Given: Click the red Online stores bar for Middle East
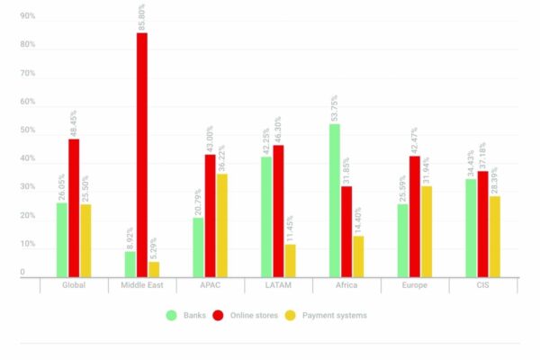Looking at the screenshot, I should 142,155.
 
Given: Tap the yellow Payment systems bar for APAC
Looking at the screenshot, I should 220,225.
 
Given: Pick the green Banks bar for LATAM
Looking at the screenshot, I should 266,217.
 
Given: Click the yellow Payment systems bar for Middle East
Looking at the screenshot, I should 154,269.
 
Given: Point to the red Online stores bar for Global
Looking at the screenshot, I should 74,208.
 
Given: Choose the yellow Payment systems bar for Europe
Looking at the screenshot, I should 426,231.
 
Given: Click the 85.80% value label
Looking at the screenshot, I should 142,17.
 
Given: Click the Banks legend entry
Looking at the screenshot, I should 185,315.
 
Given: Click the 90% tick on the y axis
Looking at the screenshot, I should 28,16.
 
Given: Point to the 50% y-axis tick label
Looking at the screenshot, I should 28,130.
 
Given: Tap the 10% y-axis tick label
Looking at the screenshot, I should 28,244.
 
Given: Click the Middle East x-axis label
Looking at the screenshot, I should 142,285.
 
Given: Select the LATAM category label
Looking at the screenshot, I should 277,285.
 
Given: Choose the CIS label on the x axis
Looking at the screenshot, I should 483,285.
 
